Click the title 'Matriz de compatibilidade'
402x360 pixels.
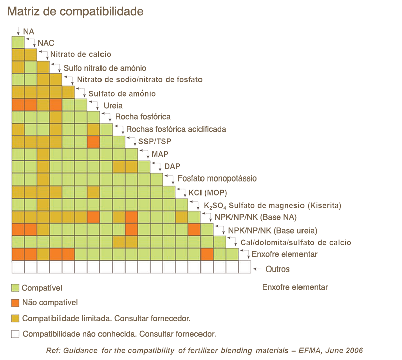pyautogui.click(x=75, y=12)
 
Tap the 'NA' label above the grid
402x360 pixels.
pyautogui.click(x=29, y=32)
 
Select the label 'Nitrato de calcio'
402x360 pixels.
pyautogui.click(x=80, y=55)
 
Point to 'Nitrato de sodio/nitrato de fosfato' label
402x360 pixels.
pyautogui.click(x=139, y=80)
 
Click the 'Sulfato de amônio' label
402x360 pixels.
pyautogui.click(x=122, y=94)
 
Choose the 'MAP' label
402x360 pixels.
pyautogui.click(x=160, y=154)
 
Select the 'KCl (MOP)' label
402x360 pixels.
pyautogui.click(x=208, y=193)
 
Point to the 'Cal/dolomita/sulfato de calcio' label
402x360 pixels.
pyautogui.click(x=295, y=243)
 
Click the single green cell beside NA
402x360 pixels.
pyautogui.click(x=18, y=42)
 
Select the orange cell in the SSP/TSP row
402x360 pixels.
pyautogui.click(x=93, y=142)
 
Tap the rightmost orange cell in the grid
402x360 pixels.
pyautogui.click(x=207, y=254)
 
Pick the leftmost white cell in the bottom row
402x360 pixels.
pyautogui.click(x=18, y=266)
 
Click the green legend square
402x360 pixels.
pyautogui.click(x=16, y=288)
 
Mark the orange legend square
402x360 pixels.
pyautogui.click(x=16, y=303)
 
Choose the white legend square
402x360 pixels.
pyautogui.click(x=16, y=334)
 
